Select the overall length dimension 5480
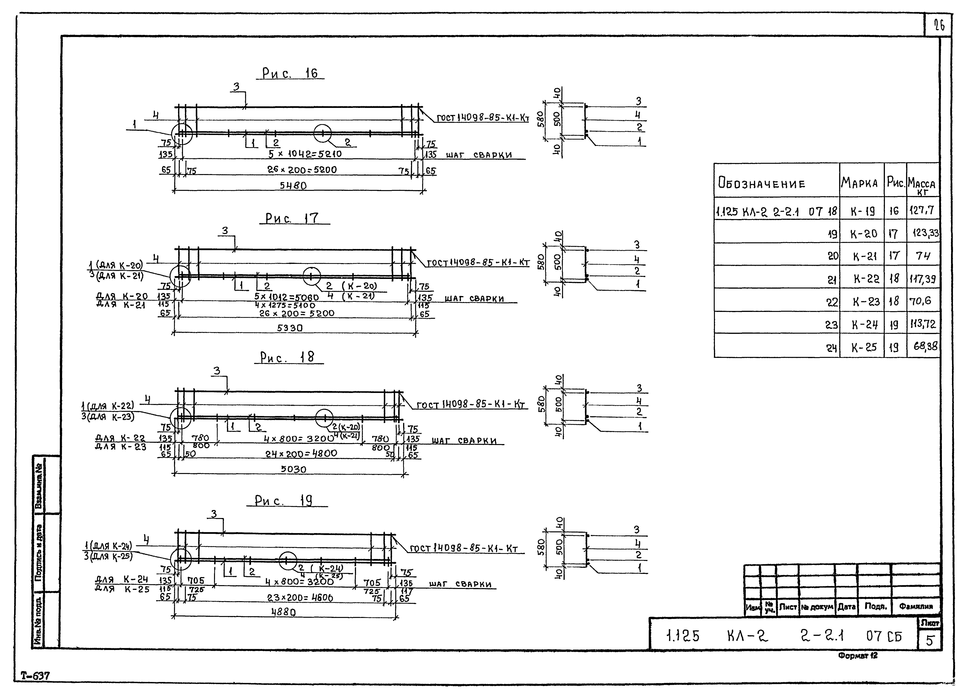point(293,186)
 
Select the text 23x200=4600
point(300,598)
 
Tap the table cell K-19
point(862,211)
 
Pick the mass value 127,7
point(922,210)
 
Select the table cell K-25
point(863,347)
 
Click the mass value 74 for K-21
point(923,256)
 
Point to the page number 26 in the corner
point(939,26)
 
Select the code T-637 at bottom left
point(35,676)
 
